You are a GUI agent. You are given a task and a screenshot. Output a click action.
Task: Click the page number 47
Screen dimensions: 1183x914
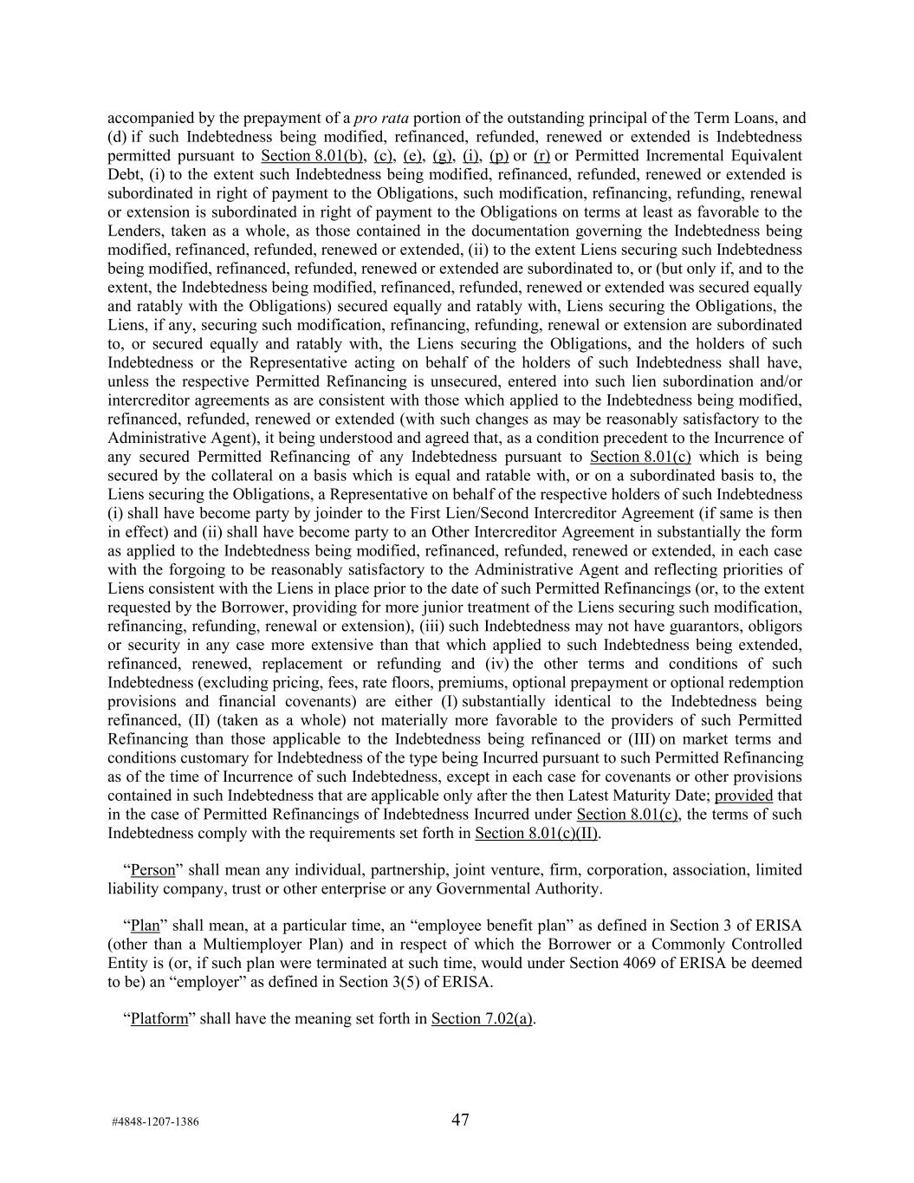pyautogui.click(x=460, y=1120)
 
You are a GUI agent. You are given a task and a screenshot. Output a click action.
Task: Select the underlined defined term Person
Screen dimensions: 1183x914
pyautogui.click(x=152, y=870)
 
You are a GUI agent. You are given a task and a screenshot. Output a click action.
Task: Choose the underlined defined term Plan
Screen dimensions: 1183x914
pyautogui.click(x=145, y=926)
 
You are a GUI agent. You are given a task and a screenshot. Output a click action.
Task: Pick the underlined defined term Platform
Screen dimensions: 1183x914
pyautogui.click(x=159, y=1019)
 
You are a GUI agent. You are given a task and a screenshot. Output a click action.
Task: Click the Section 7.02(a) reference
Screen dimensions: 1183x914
pyautogui.click(x=482, y=1019)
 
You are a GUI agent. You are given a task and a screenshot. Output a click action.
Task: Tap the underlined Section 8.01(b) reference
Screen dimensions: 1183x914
pyautogui.click(x=312, y=156)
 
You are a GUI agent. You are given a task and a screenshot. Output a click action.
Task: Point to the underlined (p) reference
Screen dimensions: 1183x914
pyautogui.click(x=498, y=156)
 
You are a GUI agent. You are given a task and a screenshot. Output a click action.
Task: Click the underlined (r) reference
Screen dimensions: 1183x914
pyautogui.click(x=541, y=156)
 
